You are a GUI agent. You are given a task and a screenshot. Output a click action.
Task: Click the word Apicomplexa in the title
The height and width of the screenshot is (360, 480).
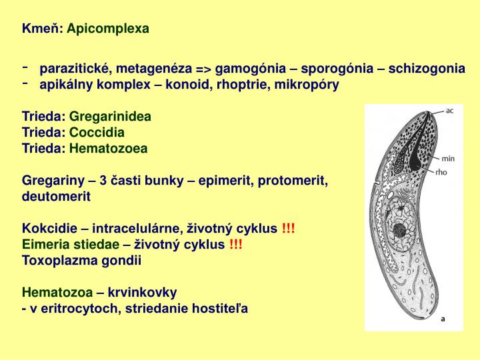[x=108, y=28]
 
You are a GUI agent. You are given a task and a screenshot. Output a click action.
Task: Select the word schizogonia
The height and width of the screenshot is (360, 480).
[x=427, y=69]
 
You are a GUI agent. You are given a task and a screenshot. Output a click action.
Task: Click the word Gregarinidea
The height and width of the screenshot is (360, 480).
[x=110, y=116]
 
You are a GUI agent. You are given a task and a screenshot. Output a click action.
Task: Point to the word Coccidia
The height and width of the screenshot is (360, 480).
[x=97, y=132]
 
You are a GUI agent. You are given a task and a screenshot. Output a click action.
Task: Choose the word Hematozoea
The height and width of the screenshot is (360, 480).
[x=108, y=148]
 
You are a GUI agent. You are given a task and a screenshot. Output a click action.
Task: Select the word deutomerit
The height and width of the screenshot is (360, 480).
[x=56, y=197]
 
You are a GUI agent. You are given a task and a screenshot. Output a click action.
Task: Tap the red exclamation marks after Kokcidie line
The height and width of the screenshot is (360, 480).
[x=289, y=229]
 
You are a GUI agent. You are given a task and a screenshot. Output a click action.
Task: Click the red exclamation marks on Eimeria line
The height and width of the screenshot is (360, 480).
[x=236, y=245]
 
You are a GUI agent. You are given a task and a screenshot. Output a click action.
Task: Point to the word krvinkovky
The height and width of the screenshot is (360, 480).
[x=145, y=293]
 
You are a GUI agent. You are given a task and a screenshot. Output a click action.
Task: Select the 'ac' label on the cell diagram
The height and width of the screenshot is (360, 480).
[x=450, y=110]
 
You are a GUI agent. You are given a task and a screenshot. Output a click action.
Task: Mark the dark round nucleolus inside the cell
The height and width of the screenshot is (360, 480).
[x=401, y=231]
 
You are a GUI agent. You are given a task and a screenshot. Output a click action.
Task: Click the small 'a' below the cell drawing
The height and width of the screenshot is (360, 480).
[x=443, y=319]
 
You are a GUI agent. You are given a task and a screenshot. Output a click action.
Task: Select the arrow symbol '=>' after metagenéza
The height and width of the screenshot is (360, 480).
[x=203, y=69]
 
